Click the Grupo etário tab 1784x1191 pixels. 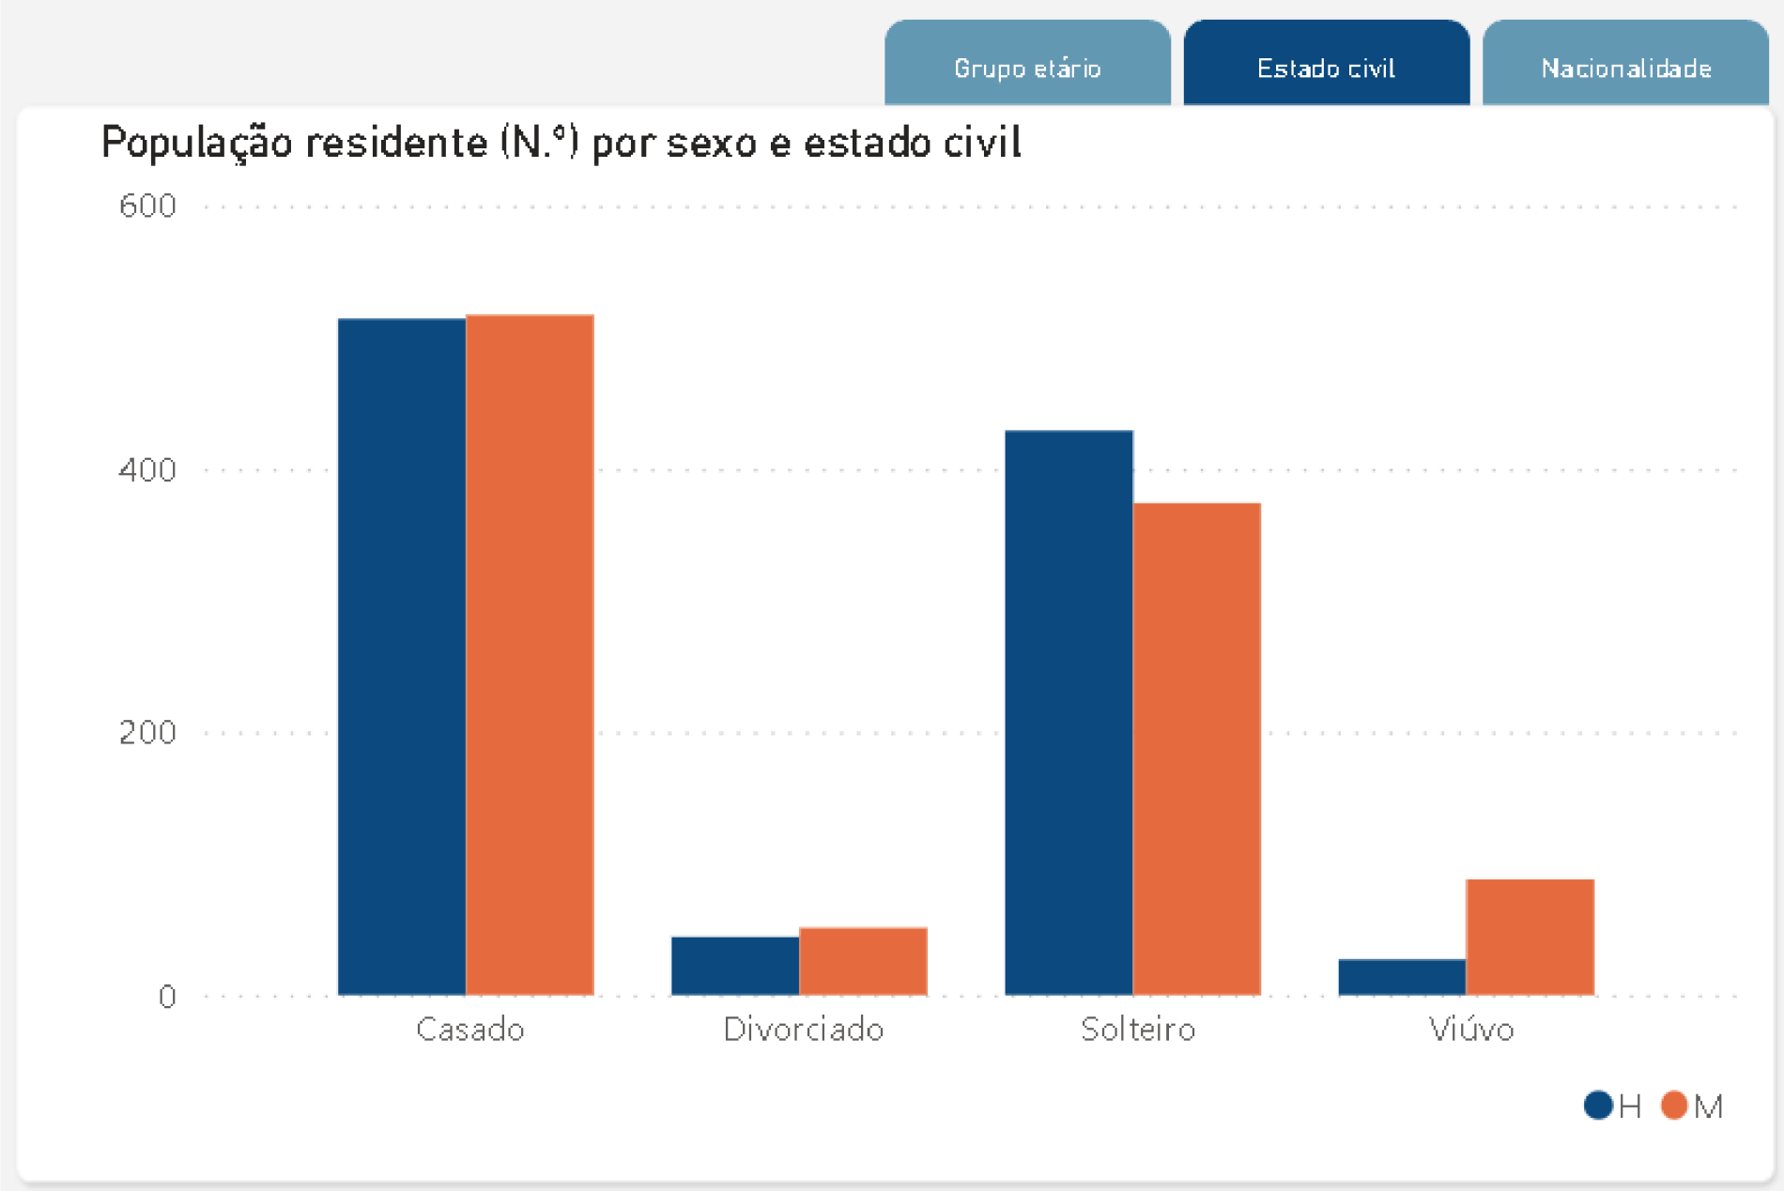(x=1027, y=68)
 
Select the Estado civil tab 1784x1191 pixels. (x=1326, y=68)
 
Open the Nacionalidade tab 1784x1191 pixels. (x=1625, y=68)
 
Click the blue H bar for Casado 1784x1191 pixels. (x=402, y=657)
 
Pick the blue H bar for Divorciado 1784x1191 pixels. (x=735, y=966)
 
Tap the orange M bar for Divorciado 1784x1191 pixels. (x=863, y=961)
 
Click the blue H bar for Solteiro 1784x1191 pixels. (x=1069, y=713)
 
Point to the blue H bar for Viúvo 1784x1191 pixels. (x=1402, y=977)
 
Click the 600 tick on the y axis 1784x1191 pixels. (x=147, y=206)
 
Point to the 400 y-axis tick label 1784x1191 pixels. (x=147, y=469)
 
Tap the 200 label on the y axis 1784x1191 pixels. (x=147, y=732)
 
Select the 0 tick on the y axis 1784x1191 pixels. (x=167, y=996)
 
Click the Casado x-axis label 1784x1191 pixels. (x=469, y=1030)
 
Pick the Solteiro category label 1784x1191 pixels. (x=1138, y=1030)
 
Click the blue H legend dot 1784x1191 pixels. (x=1598, y=1106)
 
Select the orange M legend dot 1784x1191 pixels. (x=1674, y=1106)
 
